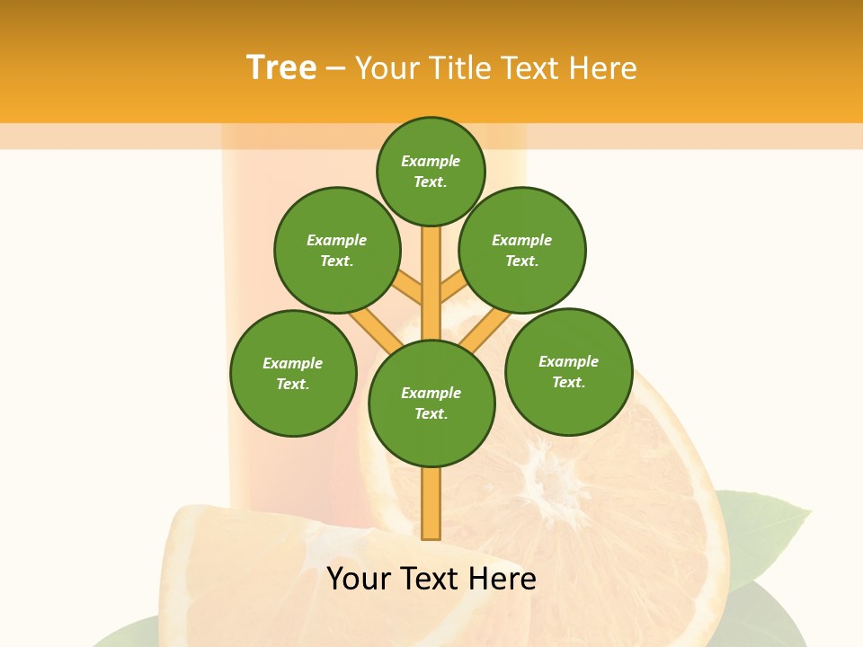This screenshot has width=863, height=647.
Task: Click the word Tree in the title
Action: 281,67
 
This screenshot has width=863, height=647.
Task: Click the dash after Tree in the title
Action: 335,68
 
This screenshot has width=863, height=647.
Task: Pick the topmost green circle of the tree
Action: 431,171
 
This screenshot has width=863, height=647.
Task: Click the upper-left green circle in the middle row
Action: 337,250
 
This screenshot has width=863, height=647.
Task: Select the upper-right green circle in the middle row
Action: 522,250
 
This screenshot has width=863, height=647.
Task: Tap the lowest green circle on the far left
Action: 293,373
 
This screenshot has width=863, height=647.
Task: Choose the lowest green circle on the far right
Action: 568,371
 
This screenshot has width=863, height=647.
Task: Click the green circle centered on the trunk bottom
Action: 431,403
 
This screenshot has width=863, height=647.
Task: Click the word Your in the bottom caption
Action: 358,579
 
